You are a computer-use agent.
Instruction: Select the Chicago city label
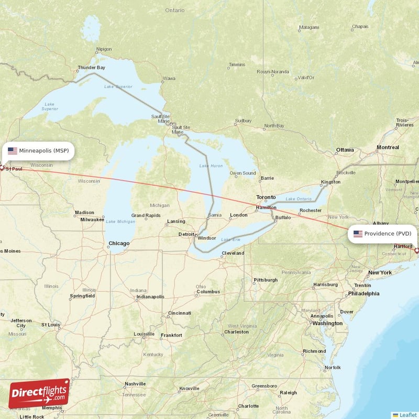119,244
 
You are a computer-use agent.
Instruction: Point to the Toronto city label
266,197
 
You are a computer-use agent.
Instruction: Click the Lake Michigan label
120,222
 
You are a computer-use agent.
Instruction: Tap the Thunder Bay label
91,68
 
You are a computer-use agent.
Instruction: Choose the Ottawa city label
345,150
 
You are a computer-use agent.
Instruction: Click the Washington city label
327,323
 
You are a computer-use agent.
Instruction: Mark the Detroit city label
187,234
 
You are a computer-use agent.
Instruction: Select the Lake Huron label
211,166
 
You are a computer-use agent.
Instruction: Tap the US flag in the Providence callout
358,234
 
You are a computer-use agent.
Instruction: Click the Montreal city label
388,148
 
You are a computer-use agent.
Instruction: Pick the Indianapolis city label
150,296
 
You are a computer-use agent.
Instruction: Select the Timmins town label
237,65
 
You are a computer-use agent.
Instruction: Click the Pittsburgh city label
266,280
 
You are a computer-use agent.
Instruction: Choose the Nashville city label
135,384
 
